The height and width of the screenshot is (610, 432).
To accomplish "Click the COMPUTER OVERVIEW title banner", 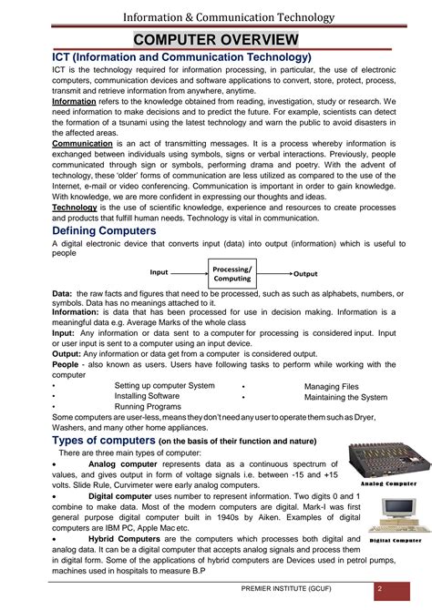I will point(216,39).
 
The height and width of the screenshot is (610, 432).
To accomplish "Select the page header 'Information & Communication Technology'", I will point(216,15).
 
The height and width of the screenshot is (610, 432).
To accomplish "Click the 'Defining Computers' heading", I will point(104,231).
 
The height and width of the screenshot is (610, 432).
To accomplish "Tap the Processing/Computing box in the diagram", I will point(232,273).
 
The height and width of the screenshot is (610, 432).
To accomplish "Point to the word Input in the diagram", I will point(159,272).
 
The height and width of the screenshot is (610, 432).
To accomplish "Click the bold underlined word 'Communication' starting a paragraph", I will point(82,144).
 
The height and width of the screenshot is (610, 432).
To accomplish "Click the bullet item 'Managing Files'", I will point(332,386).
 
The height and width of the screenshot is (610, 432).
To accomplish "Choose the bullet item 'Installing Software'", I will point(147,396).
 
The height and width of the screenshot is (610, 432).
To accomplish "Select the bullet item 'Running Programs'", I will point(148,407).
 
